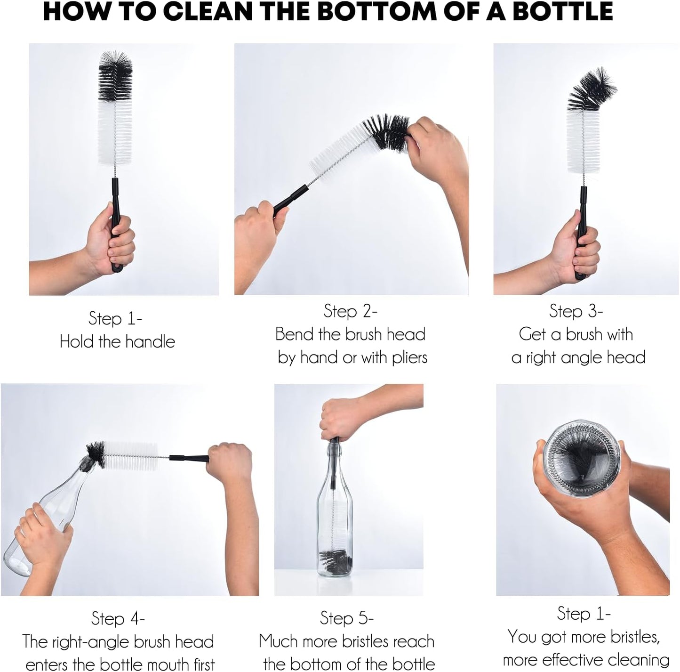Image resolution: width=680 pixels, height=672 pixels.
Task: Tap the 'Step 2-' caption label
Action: click(350, 311)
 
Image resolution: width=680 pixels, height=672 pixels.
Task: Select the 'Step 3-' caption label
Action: click(576, 311)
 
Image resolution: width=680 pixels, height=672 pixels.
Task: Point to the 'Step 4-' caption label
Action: click(118, 618)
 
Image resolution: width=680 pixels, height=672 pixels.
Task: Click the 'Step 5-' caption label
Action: click(346, 618)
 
